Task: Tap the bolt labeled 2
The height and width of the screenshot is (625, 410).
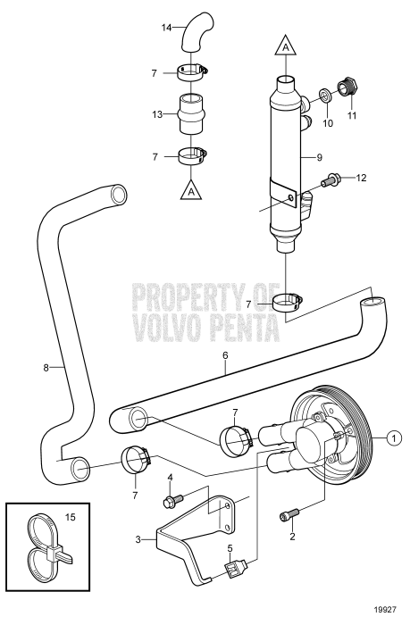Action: [x=287, y=517]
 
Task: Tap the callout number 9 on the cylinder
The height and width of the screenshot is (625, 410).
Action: [x=344, y=156]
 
